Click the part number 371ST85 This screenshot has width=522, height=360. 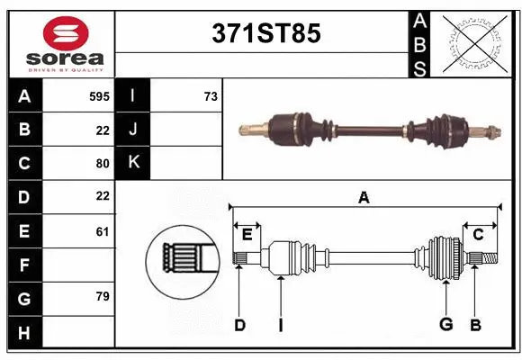265,34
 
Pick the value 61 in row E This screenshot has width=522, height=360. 103,231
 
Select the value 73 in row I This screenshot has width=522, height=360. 211,95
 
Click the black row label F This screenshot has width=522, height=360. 24,265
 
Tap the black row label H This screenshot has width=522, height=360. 24,333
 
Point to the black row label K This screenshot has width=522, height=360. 132,163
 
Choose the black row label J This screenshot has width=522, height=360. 132,130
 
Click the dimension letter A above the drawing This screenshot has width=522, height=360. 364,198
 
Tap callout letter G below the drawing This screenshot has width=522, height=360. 445,325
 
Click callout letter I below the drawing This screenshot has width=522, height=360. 281,325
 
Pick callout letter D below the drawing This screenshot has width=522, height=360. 239,325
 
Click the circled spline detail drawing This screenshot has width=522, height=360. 183,262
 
